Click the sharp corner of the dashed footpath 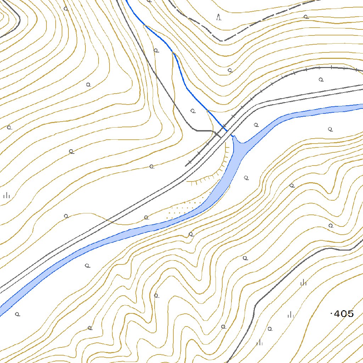coord(222,41)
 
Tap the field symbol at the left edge coord(6,195)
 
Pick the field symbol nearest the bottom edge coord(260,342)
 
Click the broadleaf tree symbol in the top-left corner coord(66,9)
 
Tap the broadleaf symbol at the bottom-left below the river coord(17,314)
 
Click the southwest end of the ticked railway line coord(186,166)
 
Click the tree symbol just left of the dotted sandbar coord(146,217)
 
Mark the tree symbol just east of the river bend coord(246,178)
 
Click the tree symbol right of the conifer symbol coord(306,17)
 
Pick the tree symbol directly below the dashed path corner coord(230,70)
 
